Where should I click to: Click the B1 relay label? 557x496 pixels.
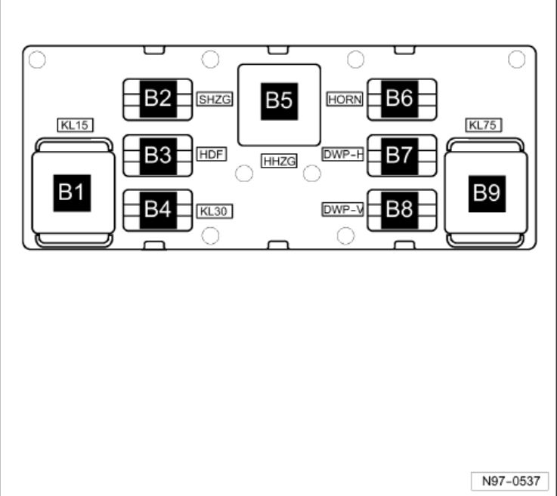(x=72, y=193)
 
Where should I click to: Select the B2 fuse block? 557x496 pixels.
(x=158, y=100)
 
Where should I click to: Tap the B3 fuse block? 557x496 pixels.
(x=158, y=156)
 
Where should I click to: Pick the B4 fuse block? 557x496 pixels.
(x=158, y=211)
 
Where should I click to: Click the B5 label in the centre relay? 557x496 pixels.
(x=279, y=101)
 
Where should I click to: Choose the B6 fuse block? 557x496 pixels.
(x=402, y=100)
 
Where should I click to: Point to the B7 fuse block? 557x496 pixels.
(x=402, y=156)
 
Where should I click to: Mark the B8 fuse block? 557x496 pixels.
(x=402, y=211)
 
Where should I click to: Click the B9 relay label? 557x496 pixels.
(x=487, y=194)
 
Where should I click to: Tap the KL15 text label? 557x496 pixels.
(x=75, y=125)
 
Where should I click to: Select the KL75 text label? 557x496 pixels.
(x=483, y=125)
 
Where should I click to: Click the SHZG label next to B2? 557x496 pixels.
(x=215, y=100)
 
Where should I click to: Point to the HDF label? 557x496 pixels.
(x=212, y=154)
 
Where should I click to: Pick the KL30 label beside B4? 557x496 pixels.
(x=215, y=211)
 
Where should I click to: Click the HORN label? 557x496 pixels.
(x=345, y=100)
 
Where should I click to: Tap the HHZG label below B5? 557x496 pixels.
(x=279, y=161)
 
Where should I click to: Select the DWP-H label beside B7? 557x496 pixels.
(x=343, y=154)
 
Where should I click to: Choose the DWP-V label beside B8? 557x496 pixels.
(x=343, y=210)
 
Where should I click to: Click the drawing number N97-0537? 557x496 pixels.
(x=510, y=481)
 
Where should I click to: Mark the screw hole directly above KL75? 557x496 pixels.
(x=516, y=59)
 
